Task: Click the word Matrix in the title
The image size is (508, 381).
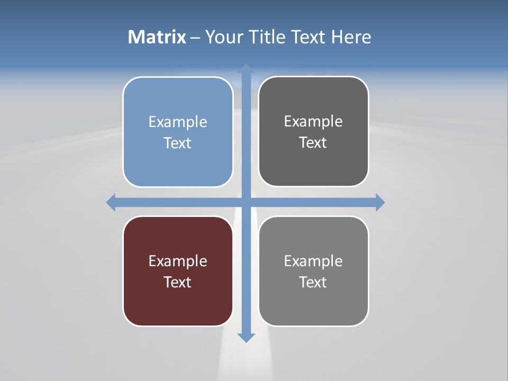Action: (x=157, y=37)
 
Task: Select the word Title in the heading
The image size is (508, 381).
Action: (x=268, y=37)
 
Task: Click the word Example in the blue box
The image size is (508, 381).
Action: (x=178, y=122)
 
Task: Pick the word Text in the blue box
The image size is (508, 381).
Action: (x=178, y=143)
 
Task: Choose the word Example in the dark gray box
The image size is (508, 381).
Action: (x=313, y=122)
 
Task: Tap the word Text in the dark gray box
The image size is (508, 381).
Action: (x=313, y=143)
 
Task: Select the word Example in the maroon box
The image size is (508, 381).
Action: (x=178, y=261)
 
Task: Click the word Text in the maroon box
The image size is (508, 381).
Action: (x=178, y=283)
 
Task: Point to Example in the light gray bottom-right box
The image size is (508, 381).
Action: (x=313, y=261)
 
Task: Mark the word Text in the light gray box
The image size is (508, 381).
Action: (x=313, y=283)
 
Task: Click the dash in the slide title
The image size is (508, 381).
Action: (x=195, y=38)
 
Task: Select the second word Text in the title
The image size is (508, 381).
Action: (x=309, y=37)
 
